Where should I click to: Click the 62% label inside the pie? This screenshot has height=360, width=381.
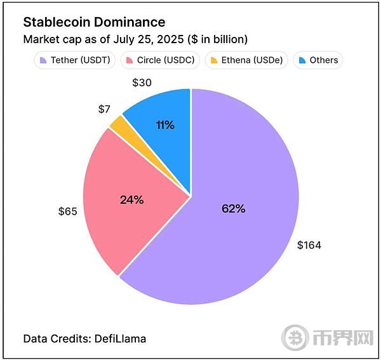coord(234,208)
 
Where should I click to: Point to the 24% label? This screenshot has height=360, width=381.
coord(132,199)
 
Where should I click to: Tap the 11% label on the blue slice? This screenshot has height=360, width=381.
coord(165,125)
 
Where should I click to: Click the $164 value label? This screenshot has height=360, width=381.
coord(309,245)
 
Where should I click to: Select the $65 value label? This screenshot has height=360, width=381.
coord(67,211)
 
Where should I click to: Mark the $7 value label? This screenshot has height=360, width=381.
coord(104,109)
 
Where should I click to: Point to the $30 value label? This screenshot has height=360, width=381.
coord(141,83)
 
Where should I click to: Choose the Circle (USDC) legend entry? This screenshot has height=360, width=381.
coord(161,60)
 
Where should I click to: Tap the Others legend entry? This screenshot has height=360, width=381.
coord(318,60)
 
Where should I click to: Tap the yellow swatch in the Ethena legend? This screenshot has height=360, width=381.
coord(214,60)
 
